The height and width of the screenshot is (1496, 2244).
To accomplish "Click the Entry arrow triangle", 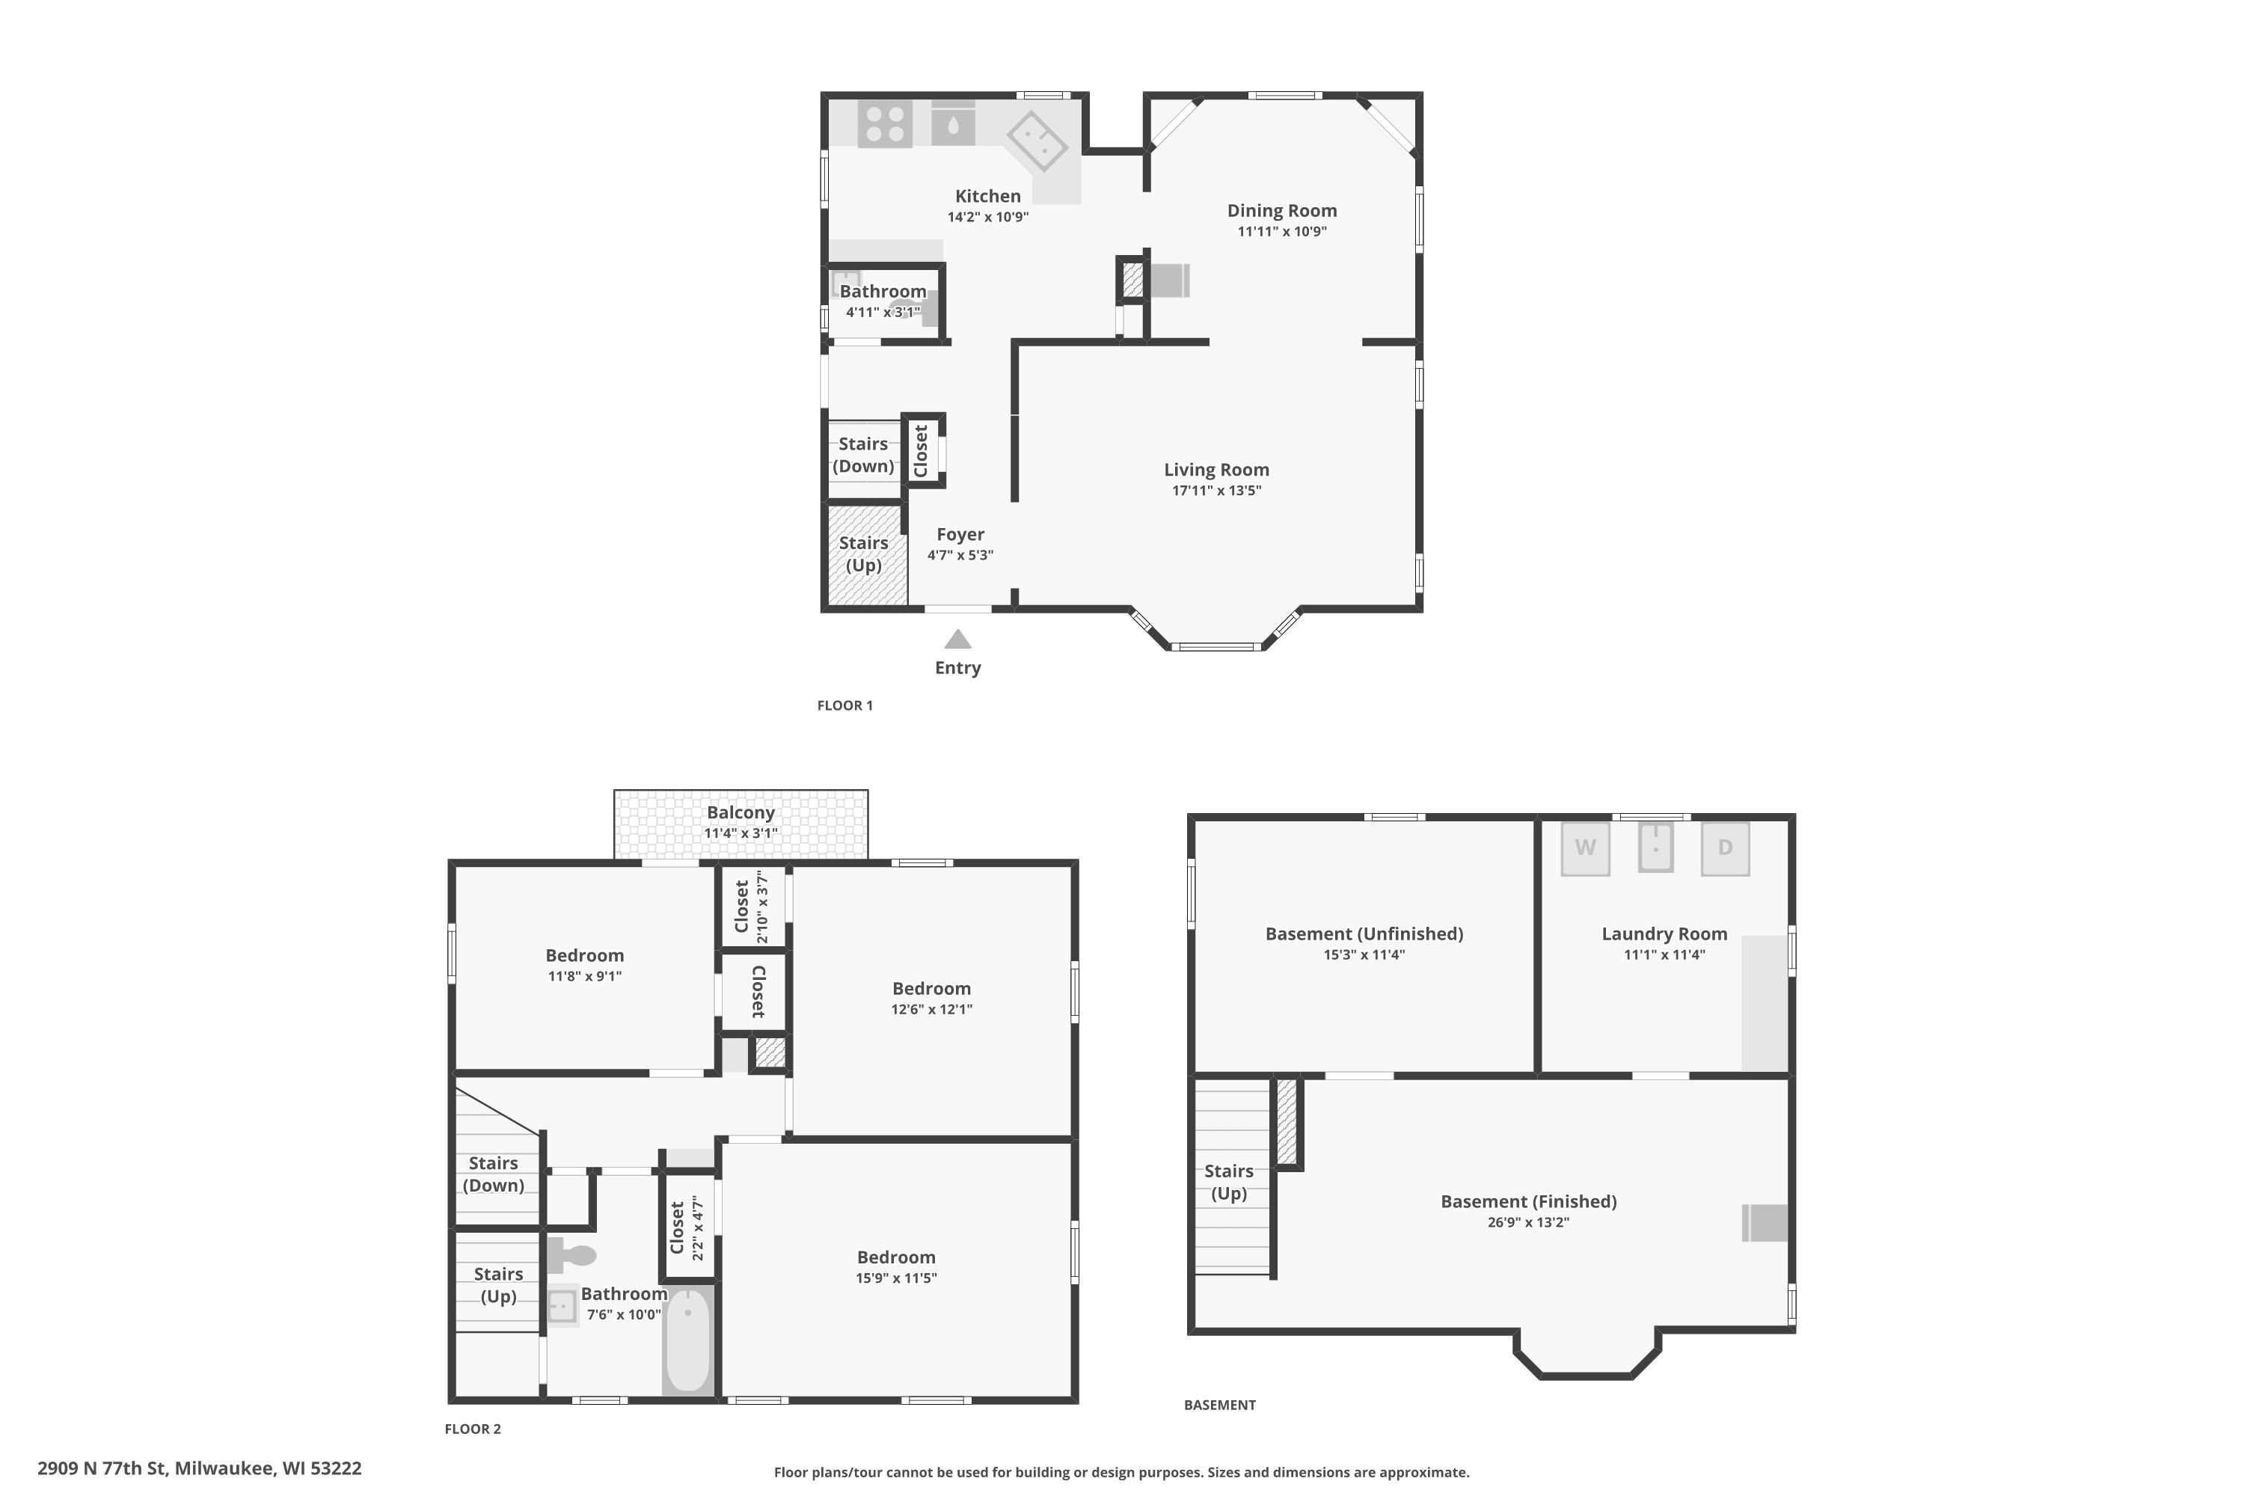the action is pos(958,640).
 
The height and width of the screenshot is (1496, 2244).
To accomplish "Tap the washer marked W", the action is pos(1585,848).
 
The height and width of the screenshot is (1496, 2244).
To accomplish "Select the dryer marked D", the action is pos(1725,848).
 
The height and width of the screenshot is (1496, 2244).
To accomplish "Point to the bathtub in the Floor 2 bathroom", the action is pos(688,1340).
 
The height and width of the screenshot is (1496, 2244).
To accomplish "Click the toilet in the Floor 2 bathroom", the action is pos(571,1254).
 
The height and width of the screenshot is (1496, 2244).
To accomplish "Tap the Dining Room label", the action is pos(1281,211).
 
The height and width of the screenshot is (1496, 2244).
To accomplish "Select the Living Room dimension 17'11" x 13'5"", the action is pos(1216,491).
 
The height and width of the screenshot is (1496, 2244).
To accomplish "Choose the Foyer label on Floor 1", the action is pos(960,534).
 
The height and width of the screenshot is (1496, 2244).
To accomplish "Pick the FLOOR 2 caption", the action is pos(472,1428).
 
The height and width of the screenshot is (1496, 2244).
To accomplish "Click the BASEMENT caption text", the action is pos(1219,1405).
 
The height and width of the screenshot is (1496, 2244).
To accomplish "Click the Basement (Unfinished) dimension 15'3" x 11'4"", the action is pos(1364,954).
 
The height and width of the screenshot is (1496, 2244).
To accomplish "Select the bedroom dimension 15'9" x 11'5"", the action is pos(896,1278).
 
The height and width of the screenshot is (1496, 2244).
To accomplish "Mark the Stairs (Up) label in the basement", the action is pos(1228,1182).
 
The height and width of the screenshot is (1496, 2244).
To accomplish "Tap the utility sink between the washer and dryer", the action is pos(1655,847).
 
